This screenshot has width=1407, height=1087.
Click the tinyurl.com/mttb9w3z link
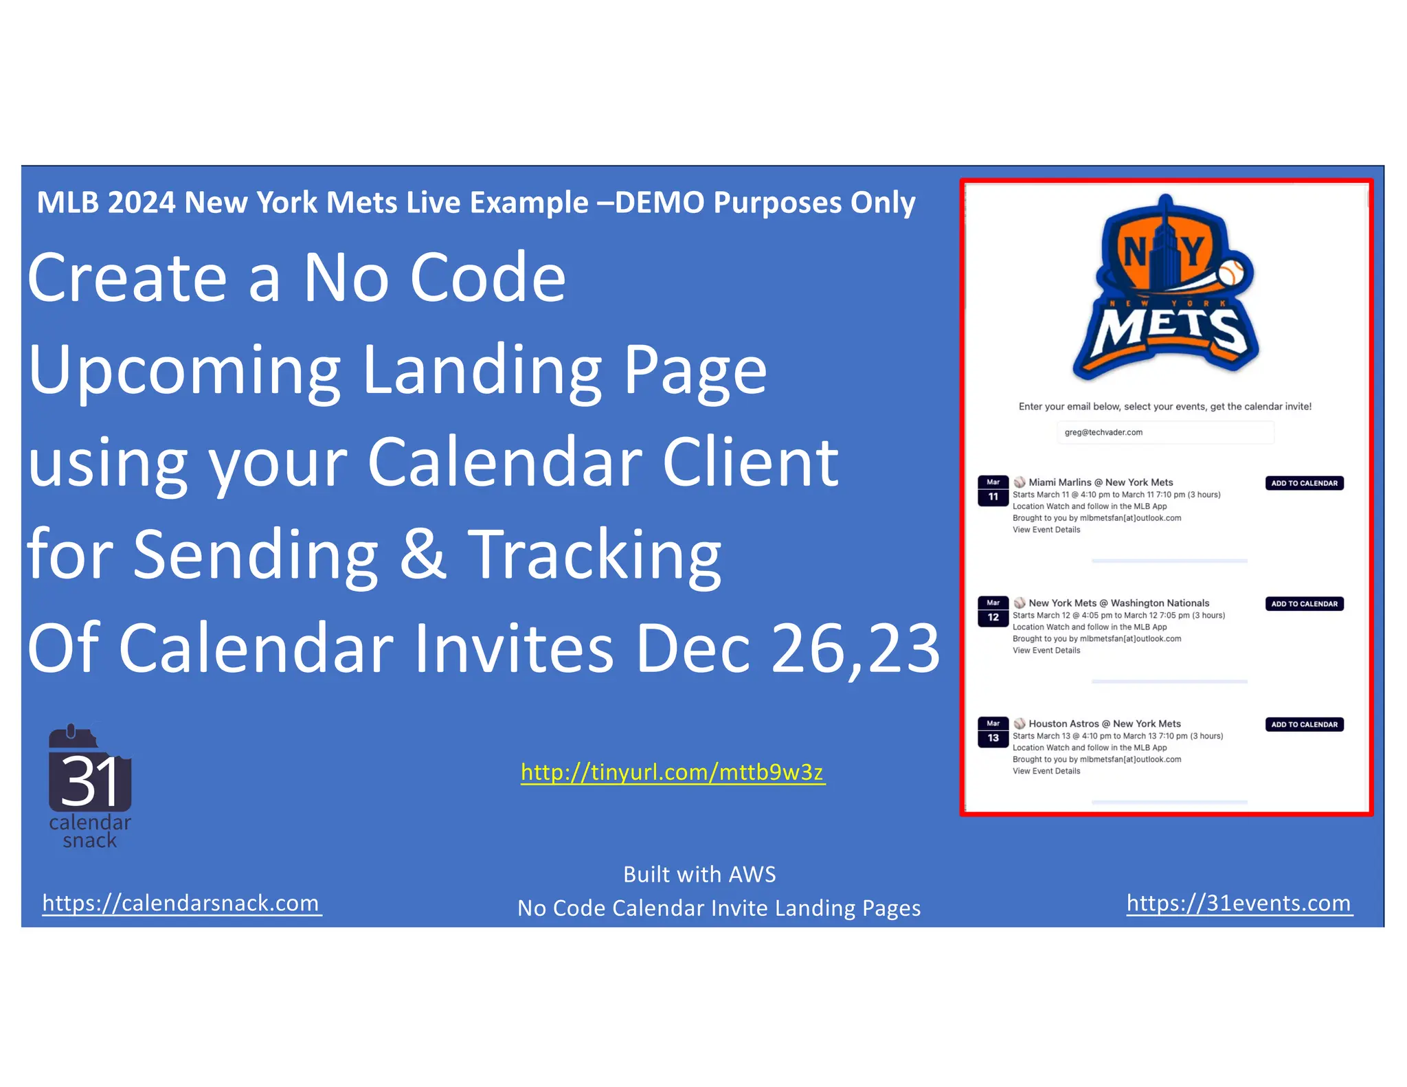coord(673,772)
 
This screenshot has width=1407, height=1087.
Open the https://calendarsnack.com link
coord(181,903)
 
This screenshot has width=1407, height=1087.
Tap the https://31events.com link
coord(1239,903)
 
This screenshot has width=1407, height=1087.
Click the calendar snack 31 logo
coord(90,787)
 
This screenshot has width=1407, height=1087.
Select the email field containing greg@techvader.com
coord(1164,433)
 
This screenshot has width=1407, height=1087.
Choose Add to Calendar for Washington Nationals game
coord(1304,604)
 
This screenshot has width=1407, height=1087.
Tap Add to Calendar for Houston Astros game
coord(1304,725)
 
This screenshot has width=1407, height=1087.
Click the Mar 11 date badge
coord(993,491)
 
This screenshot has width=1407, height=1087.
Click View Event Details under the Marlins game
coord(1046,530)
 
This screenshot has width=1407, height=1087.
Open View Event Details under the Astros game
coord(1046,772)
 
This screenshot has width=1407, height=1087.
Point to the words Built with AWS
coord(699,875)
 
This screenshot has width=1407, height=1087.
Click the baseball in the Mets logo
coord(1231,273)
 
